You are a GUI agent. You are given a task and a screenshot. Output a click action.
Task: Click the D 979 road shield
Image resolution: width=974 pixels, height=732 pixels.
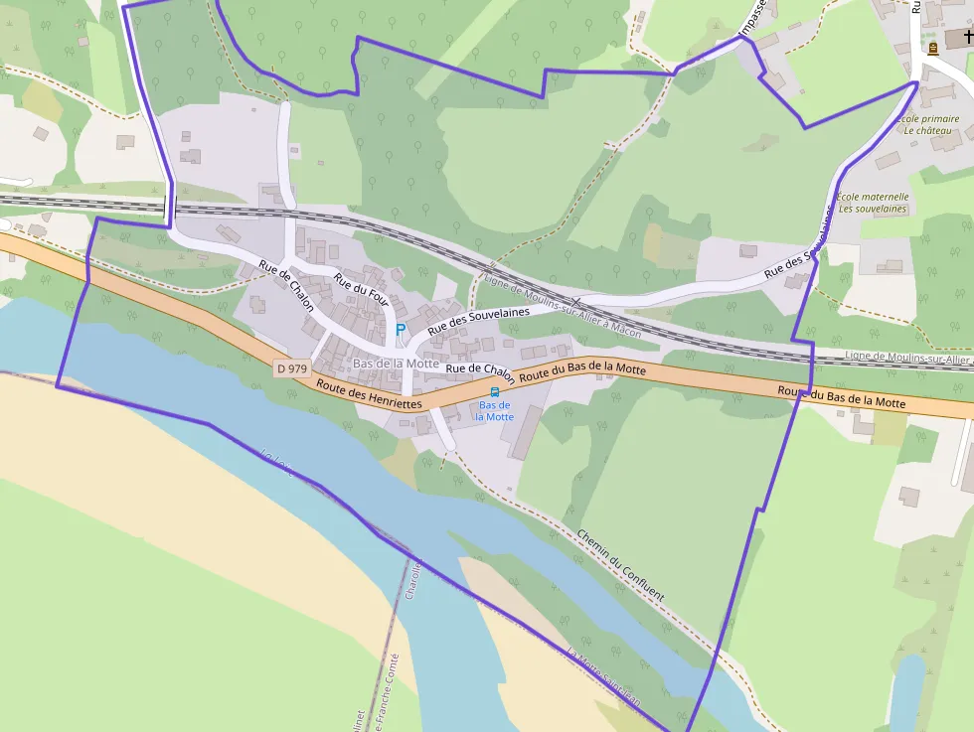click(292, 368)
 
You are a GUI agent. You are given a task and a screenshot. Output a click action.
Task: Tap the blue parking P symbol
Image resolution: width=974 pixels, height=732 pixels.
click(401, 329)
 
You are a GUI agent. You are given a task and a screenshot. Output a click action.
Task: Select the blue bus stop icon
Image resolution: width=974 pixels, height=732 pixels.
click(495, 392)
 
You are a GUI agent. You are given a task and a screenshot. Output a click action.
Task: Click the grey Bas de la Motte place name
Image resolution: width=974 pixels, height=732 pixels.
click(396, 364)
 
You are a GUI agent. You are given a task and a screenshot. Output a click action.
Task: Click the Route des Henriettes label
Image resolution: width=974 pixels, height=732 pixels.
click(369, 394)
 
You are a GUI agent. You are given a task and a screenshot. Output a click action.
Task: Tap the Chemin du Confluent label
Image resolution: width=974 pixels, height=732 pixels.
click(619, 563)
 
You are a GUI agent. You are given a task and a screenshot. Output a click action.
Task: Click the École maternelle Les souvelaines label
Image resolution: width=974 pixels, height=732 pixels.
click(874, 203)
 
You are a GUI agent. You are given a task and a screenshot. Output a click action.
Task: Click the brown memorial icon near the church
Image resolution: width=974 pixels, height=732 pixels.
click(932, 48)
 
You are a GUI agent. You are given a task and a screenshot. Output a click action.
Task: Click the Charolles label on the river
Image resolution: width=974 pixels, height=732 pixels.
click(413, 581)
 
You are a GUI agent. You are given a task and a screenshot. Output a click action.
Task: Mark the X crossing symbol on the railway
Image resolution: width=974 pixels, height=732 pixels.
click(575, 302)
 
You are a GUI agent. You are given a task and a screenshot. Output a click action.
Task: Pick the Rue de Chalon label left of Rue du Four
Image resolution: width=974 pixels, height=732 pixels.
click(286, 285)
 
